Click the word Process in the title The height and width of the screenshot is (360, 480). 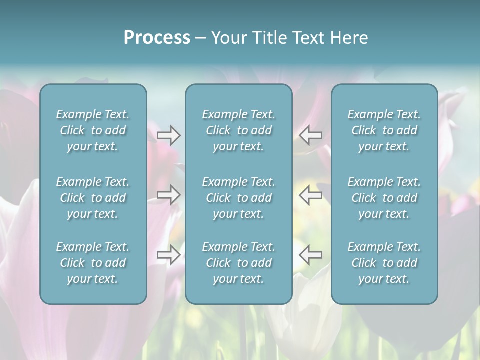(x=157, y=38)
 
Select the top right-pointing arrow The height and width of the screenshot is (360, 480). (x=169, y=135)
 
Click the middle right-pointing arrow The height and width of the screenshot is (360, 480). (x=169, y=195)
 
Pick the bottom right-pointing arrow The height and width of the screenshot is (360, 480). (x=169, y=255)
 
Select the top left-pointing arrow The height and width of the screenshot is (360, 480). (x=310, y=135)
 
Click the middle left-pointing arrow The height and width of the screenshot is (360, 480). (x=310, y=195)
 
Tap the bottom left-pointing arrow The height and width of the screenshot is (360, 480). (x=310, y=255)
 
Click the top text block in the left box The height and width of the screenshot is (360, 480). (x=93, y=130)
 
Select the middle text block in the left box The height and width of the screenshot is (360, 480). (x=93, y=198)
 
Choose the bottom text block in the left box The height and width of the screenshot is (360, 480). (x=93, y=263)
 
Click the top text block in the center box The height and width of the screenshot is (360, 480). (x=238, y=130)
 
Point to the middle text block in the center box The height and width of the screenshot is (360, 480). (x=238, y=198)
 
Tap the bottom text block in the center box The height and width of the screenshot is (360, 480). (x=238, y=263)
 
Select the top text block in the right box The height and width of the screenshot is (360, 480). (x=384, y=130)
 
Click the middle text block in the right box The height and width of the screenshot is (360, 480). (x=384, y=198)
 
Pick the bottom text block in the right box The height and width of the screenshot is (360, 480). (x=384, y=263)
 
